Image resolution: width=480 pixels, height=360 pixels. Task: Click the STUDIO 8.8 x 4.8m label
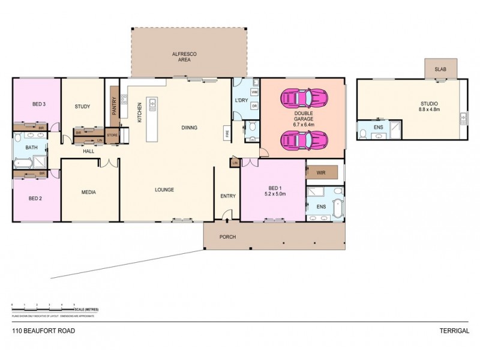tap(429, 106)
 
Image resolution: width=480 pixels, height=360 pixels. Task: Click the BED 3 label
tap(39, 104)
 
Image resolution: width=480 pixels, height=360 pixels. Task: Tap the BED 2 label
tap(35, 198)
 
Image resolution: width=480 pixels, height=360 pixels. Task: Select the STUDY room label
tap(82, 107)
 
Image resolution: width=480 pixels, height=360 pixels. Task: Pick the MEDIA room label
tap(89, 193)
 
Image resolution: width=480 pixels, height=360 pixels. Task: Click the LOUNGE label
tap(164, 190)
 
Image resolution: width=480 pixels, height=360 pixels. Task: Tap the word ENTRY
tap(228, 196)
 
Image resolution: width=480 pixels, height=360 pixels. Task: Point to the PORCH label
tap(227, 237)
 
